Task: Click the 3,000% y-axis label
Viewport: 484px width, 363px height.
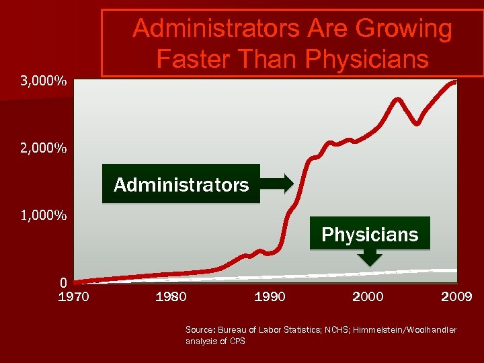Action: [x=43, y=82]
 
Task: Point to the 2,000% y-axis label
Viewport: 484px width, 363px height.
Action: [x=43, y=147]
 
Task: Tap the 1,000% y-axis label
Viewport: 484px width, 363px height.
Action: [x=43, y=216]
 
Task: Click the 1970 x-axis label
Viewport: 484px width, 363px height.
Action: [x=73, y=296]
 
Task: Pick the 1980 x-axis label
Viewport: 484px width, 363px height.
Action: [x=171, y=296]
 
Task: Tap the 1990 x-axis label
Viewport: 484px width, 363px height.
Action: [x=270, y=296]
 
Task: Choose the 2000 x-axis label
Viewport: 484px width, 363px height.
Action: [x=368, y=296]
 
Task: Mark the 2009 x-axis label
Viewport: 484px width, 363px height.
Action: [x=456, y=296]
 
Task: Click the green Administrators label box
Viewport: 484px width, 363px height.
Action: [x=181, y=184]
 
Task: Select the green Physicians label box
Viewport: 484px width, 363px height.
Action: [x=369, y=234]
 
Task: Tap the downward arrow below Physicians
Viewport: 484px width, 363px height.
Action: [x=370, y=257]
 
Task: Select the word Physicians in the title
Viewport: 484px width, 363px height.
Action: [x=366, y=59]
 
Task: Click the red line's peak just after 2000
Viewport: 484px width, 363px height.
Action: [x=397, y=99]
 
